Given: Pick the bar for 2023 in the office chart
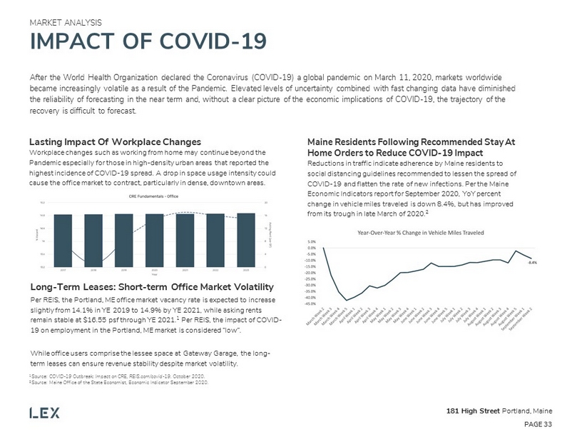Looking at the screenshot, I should click(246, 240).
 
